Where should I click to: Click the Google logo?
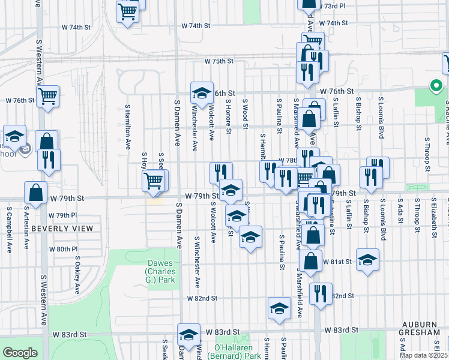coord(20,353)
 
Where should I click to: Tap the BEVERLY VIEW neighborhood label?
coord(62,229)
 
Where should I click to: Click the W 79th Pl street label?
coord(62,215)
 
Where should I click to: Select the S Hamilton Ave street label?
coord(128,127)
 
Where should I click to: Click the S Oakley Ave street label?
coord(77,275)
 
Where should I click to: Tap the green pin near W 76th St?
coord(434,86)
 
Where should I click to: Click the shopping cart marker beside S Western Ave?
coord(47,95)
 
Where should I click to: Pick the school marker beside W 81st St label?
coord(367,259)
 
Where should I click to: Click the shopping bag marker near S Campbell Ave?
coord(36,192)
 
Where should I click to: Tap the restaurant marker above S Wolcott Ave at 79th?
coord(221,172)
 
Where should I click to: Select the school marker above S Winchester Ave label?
coord(202,92)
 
